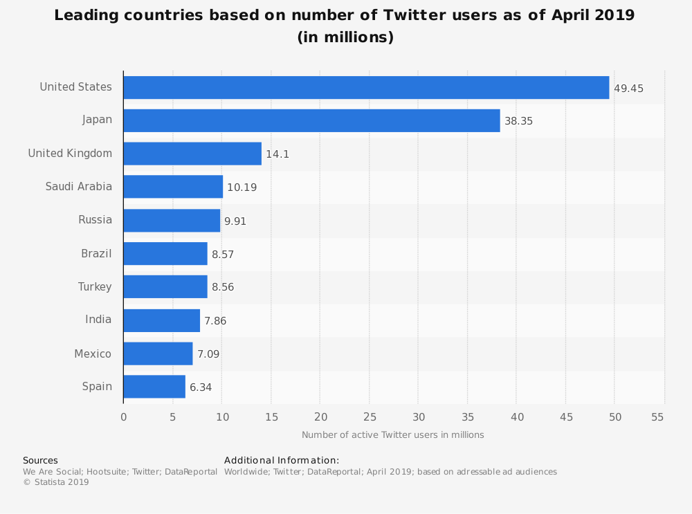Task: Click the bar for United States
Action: coord(366,87)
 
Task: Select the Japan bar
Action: coord(311,120)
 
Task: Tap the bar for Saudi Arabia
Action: coord(173,187)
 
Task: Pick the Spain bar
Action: coord(154,387)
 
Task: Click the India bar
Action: coord(161,320)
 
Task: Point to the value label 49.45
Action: coord(629,88)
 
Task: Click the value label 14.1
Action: coord(277,154)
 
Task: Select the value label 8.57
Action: coord(223,255)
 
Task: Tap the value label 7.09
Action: coord(208,354)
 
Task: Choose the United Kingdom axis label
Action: coord(70,153)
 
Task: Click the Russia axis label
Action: coord(95,220)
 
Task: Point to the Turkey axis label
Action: coord(95,286)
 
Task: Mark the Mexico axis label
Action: coord(93,354)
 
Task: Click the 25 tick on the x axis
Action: coord(370,416)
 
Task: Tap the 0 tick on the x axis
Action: coord(124,416)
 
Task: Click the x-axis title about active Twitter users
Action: coord(392,434)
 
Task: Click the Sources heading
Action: coord(40,460)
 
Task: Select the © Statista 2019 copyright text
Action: coord(56,482)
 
